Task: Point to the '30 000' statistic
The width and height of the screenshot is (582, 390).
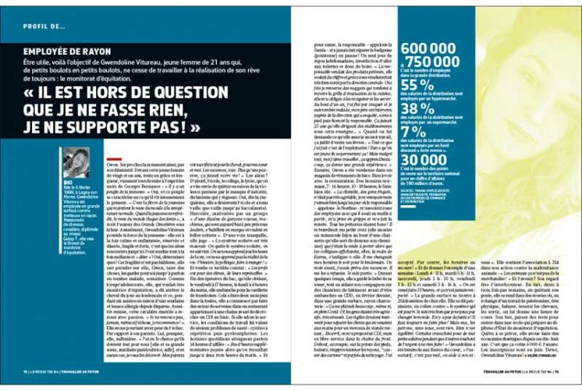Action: tap(422, 160)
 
